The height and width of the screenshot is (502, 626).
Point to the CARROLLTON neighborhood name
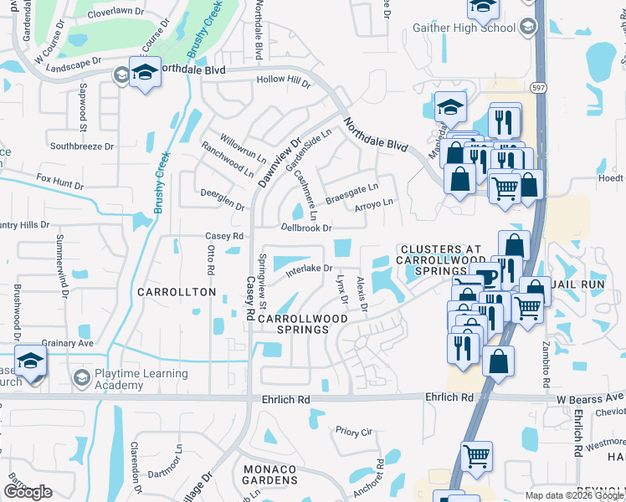click(177, 292)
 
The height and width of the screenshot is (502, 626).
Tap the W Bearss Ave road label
click(591, 396)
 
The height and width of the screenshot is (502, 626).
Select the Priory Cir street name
click(352, 432)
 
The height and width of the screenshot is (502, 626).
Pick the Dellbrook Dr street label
click(306, 228)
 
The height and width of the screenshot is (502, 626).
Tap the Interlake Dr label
click(309, 269)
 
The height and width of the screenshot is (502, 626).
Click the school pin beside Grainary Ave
click(30, 361)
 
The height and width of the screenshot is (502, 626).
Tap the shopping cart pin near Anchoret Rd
click(476, 457)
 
